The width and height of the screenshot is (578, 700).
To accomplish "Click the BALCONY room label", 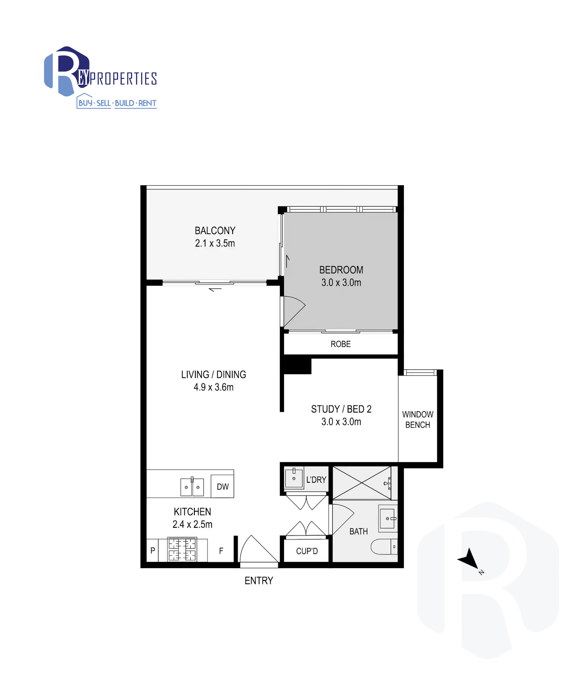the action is [x=215, y=231].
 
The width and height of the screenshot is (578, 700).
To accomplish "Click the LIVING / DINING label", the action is [x=213, y=374].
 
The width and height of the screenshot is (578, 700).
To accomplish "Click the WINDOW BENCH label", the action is [x=418, y=419].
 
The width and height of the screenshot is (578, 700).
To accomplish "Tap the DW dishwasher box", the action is [x=222, y=486].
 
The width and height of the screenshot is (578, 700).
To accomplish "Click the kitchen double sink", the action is [x=192, y=487].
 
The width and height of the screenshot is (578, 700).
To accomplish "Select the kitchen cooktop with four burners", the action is [x=182, y=549].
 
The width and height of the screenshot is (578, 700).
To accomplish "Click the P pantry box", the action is [x=152, y=550].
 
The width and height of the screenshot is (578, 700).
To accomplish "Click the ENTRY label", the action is [x=259, y=581].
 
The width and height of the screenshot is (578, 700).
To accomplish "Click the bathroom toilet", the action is [x=384, y=546].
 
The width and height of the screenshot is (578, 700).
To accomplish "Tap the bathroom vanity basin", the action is [x=388, y=518].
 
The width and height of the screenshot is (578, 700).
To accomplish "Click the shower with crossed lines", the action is [x=362, y=483].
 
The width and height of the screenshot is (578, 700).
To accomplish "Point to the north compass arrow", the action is [x=469, y=559].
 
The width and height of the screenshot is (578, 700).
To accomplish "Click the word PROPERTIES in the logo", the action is [x=123, y=79].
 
